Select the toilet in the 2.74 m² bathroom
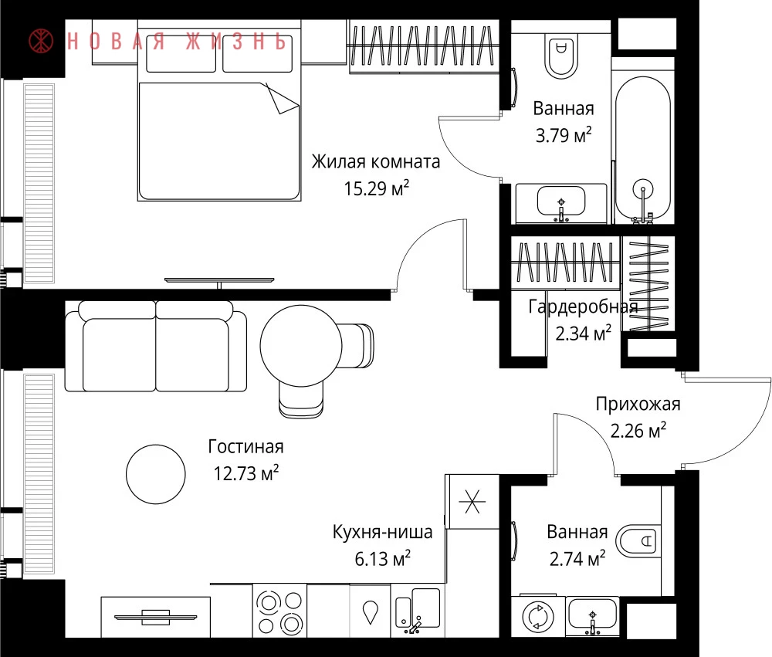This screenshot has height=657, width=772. click(x=638, y=541)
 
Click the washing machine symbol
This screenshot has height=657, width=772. click(x=537, y=616)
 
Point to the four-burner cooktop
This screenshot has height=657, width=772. click(x=279, y=611)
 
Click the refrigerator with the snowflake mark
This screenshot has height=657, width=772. click(x=472, y=502)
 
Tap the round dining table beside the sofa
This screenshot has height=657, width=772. click(x=301, y=345)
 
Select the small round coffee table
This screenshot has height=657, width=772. click(x=156, y=474)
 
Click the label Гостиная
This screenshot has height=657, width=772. click(x=245, y=447)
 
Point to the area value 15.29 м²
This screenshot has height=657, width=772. click(x=376, y=188)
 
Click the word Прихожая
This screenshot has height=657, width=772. click(x=638, y=404)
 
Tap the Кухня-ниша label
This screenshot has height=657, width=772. click(x=383, y=532)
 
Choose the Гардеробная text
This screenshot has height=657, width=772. click(x=583, y=306)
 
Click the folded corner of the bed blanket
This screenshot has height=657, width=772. click(x=281, y=100)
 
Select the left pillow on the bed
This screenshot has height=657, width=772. click(x=181, y=60)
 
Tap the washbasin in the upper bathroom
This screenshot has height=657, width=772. click(x=561, y=202)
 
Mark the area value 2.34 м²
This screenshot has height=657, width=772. click(x=584, y=333)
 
